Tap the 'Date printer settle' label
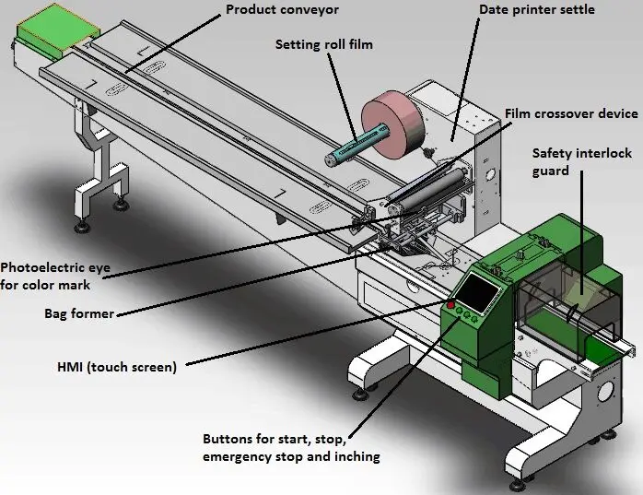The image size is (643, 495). pos(536,10)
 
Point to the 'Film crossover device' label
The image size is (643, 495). pos(570,113)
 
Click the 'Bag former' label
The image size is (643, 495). pos(79,313)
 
